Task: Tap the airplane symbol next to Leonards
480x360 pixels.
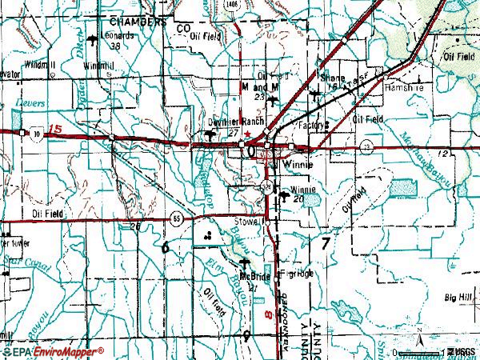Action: [94, 38]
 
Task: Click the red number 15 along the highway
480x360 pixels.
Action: [54, 130]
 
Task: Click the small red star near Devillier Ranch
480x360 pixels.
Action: [248, 134]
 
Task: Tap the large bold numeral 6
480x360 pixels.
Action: [166, 247]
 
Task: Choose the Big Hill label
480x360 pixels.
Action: [460, 296]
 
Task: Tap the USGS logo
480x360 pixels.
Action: [461, 352]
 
